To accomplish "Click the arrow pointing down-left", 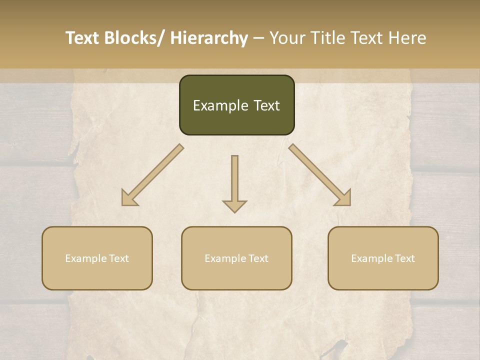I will (x=152, y=175).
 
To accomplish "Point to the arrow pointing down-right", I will (x=320, y=175).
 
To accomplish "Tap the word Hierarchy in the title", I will (x=209, y=38).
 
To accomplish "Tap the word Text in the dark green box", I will (x=266, y=105).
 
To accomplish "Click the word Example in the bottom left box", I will (x=85, y=258).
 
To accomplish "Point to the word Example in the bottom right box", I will (x=371, y=258).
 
